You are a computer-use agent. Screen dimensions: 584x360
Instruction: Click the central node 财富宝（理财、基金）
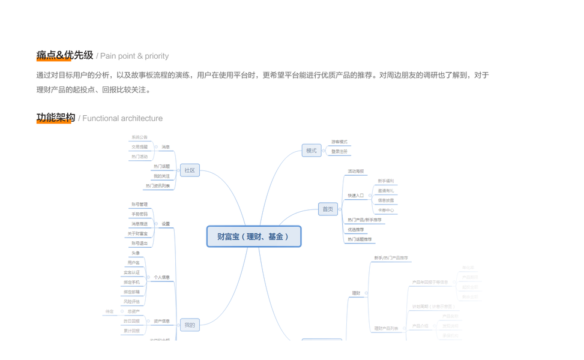click(253, 236)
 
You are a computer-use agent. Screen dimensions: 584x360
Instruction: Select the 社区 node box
click(190, 170)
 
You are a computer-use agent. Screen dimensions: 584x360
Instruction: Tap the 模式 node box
click(311, 151)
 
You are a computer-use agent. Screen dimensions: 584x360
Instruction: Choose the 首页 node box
click(328, 209)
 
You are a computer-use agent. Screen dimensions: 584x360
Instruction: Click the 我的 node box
click(190, 325)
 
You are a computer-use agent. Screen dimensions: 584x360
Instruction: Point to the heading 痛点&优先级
click(65, 55)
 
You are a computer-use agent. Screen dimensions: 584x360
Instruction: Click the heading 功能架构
click(56, 118)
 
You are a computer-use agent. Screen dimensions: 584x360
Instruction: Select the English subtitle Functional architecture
click(122, 118)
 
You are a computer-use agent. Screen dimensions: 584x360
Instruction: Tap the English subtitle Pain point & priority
click(134, 56)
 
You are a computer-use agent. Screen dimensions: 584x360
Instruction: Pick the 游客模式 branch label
click(339, 142)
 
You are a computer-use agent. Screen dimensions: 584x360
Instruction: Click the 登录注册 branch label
click(339, 152)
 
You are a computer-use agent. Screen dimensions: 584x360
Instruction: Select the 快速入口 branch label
click(356, 196)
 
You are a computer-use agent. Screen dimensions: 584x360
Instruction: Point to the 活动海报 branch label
click(356, 172)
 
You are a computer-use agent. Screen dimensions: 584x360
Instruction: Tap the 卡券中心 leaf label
click(386, 211)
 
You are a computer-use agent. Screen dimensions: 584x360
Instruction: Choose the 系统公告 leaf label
click(139, 137)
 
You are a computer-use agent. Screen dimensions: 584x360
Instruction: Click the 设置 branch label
click(166, 224)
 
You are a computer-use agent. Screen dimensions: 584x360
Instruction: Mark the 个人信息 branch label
click(161, 277)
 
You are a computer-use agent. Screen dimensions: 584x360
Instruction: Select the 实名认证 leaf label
click(131, 272)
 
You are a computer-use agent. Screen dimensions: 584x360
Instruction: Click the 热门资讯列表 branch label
click(158, 186)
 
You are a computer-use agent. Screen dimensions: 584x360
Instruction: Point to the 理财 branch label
click(356, 293)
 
